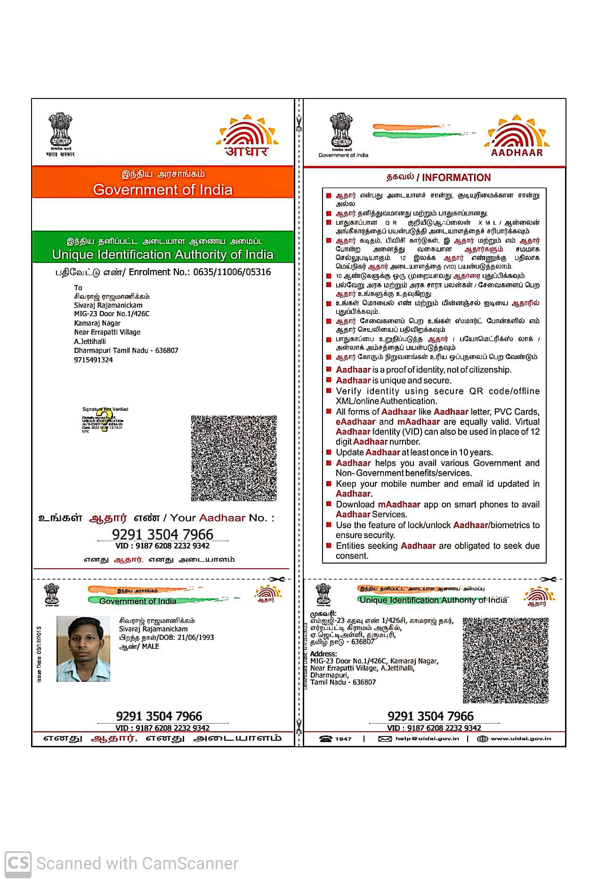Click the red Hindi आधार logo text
click(x=246, y=151)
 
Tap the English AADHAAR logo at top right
click(x=517, y=153)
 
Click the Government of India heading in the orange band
click(x=162, y=189)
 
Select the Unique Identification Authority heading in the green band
click(x=162, y=254)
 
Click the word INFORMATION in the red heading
click(x=456, y=178)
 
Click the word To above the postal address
click(x=78, y=287)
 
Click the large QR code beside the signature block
click(x=234, y=458)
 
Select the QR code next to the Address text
click(x=505, y=660)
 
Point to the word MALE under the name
click(x=150, y=646)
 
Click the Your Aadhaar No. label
click(x=222, y=518)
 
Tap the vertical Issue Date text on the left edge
click(x=39, y=654)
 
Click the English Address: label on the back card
click(x=323, y=654)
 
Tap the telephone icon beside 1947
click(x=325, y=738)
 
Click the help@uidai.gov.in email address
click(x=427, y=738)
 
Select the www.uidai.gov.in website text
click(x=520, y=738)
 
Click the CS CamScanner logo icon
click(x=18, y=863)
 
